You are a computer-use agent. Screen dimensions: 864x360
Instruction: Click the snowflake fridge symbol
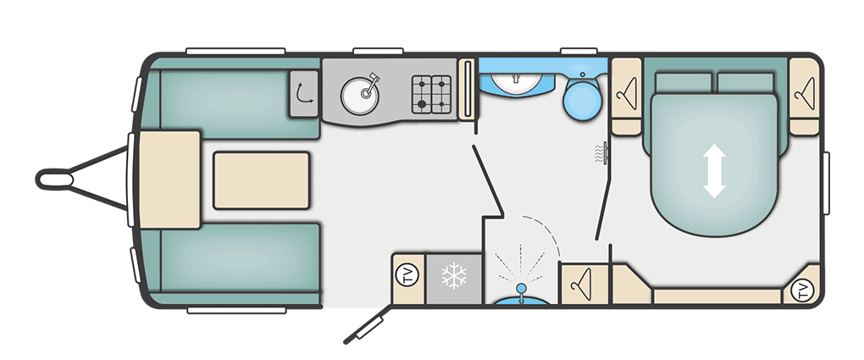pyautogui.click(x=454, y=276)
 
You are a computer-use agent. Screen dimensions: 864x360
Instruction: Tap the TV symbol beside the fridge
pyautogui.click(x=408, y=275)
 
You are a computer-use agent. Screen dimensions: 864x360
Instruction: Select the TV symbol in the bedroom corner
pyautogui.click(x=802, y=290)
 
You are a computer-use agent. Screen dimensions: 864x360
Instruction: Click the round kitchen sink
pyautogui.click(x=359, y=95)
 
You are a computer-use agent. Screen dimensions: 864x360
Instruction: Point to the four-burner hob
pyautogui.click(x=431, y=94)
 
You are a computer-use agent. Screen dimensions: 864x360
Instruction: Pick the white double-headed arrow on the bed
pyautogui.click(x=714, y=171)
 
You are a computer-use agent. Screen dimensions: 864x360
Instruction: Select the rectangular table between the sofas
pyautogui.click(x=261, y=180)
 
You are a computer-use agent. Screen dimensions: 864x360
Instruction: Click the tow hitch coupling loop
pyautogui.click(x=54, y=180)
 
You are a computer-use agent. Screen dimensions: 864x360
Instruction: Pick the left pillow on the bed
pyautogui.click(x=684, y=83)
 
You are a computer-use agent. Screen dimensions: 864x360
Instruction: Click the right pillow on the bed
pyautogui.click(x=745, y=83)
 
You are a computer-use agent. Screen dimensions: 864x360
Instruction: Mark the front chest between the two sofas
pyautogui.click(x=169, y=180)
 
